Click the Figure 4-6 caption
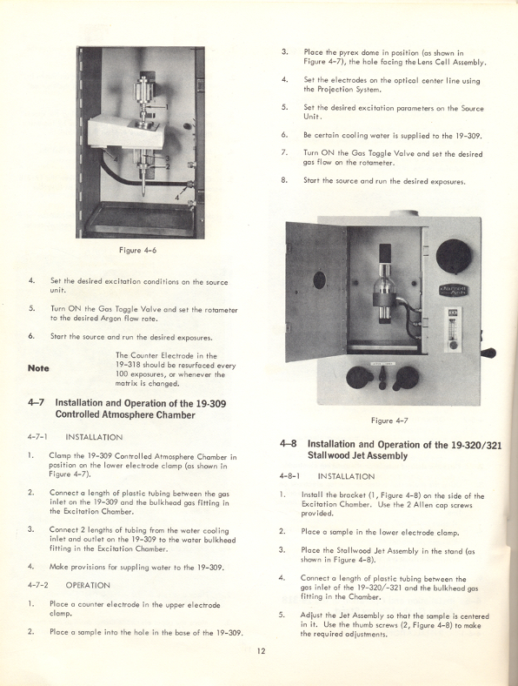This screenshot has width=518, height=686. point(137,250)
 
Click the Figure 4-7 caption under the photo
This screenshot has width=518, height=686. point(389,420)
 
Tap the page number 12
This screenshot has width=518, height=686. point(261,651)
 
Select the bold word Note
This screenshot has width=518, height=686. point(38,368)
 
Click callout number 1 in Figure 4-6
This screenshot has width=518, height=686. point(166,107)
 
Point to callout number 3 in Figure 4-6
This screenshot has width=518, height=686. point(167,158)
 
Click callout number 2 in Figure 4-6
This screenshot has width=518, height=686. point(167,166)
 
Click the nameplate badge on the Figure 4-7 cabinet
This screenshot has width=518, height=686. point(454,291)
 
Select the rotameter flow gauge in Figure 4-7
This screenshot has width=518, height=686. point(453,329)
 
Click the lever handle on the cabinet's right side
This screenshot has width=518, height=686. point(488,353)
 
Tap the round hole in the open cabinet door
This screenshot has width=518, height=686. point(319,280)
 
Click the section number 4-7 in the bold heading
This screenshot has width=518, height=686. point(36,403)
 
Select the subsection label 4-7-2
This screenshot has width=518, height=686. point(38,585)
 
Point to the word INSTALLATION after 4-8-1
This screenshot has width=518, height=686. point(346,476)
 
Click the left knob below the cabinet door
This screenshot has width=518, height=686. point(358,378)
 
